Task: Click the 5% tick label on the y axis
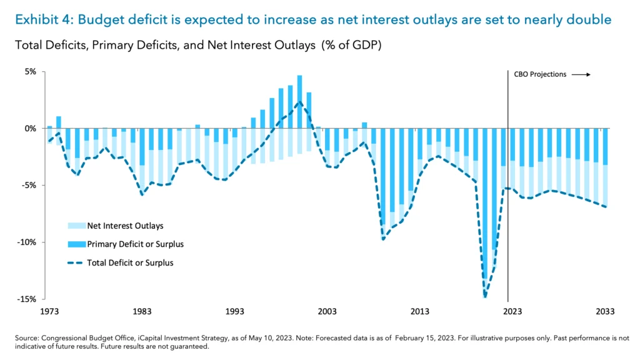coord(31,71)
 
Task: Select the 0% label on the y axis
coord(31,128)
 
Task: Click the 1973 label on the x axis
coord(49,311)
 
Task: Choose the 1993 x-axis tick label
coord(235,311)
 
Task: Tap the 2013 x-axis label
coord(420,311)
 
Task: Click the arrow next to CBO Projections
coord(581,74)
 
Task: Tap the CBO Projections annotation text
coord(540,74)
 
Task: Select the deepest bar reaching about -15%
coord(485,212)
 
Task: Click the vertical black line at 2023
coord(507,187)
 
